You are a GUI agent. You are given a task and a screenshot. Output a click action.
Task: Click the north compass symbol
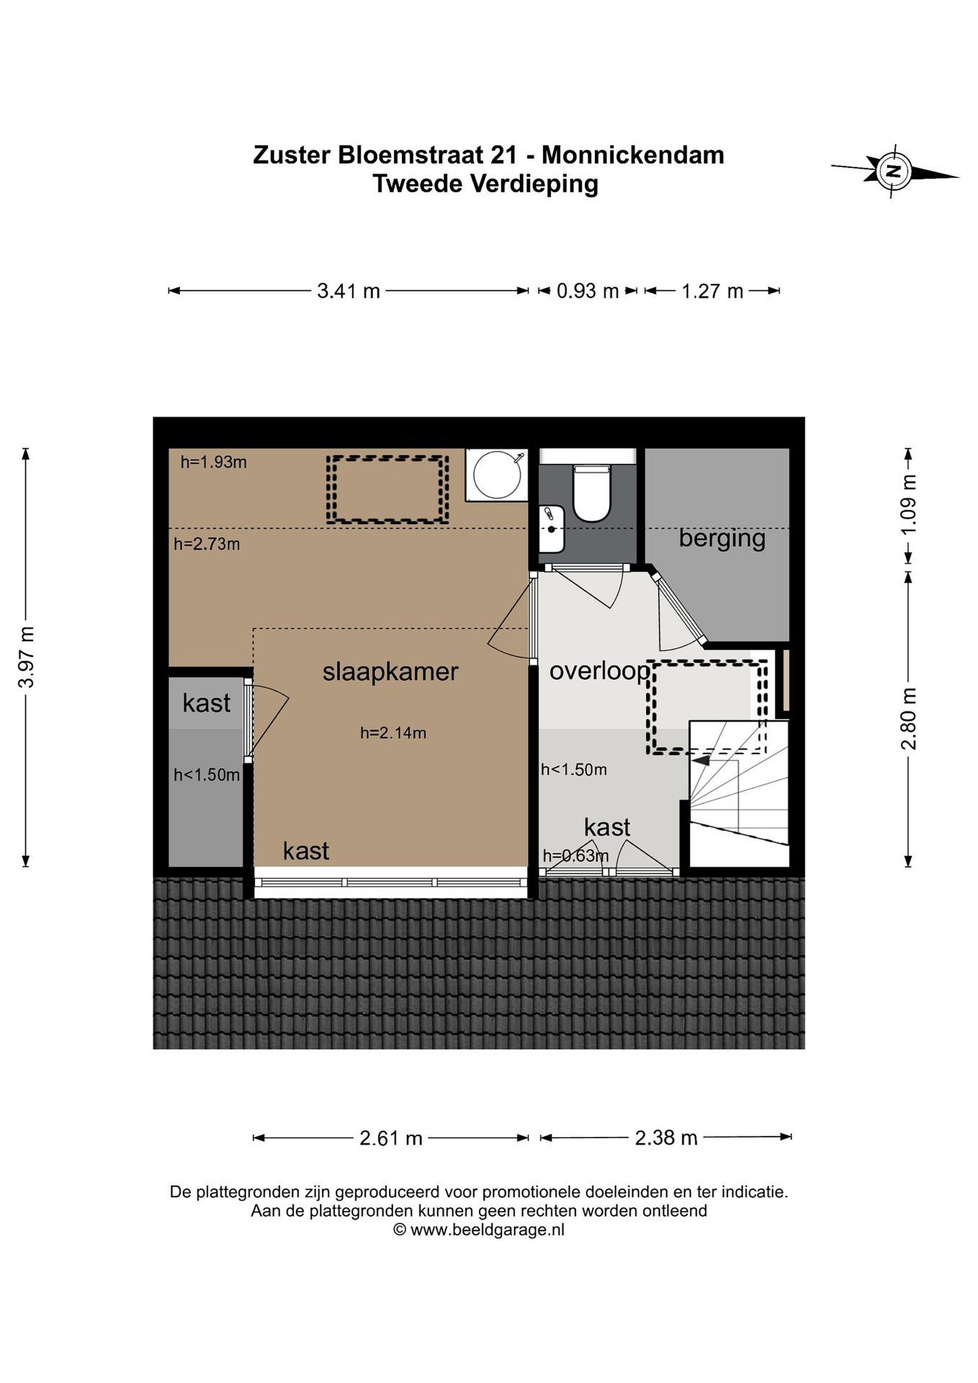(895, 171)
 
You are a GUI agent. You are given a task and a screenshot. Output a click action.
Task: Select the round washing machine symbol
(497, 474)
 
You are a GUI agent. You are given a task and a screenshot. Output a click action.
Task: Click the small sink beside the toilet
(552, 530)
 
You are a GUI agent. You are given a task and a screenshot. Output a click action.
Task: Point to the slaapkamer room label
(390, 672)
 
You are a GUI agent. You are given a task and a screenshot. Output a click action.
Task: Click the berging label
(722, 538)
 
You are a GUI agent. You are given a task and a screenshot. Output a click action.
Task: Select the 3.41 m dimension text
(349, 291)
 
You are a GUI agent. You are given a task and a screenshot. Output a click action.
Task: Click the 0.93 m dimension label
(588, 291)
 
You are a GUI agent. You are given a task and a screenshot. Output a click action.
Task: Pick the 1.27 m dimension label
(712, 291)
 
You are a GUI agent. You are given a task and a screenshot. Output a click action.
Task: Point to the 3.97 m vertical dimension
(26, 657)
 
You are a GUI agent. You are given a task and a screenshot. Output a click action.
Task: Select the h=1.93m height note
(214, 462)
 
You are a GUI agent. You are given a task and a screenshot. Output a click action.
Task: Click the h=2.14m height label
(393, 733)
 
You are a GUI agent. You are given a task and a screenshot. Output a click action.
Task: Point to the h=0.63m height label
(576, 855)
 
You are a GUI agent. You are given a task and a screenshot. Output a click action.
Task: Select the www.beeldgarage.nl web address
(487, 1229)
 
